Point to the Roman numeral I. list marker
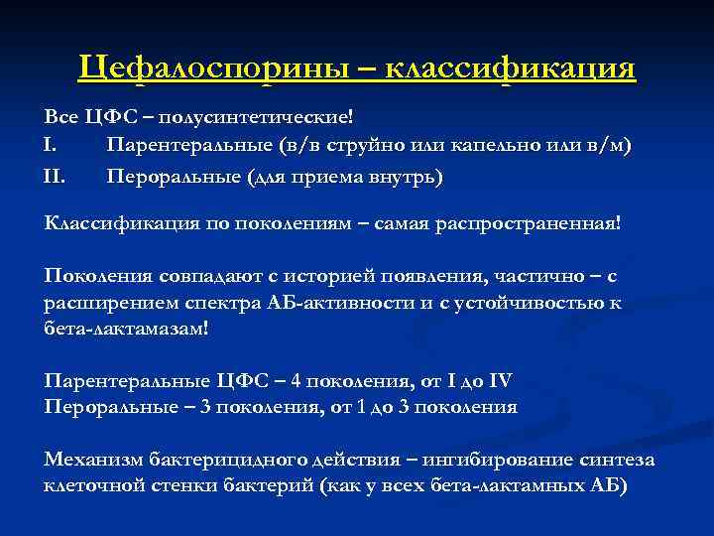tap(52, 146)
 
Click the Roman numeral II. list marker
tap(55, 177)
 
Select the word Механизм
tap(93, 460)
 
